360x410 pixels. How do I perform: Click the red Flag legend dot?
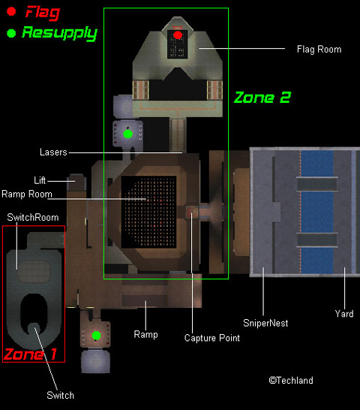[x=11, y=11]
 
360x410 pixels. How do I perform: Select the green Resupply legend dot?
[x=11, y=33]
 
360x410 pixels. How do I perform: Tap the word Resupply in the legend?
[x=59, y=34]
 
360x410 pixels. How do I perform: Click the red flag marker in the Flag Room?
[x=178, y=35]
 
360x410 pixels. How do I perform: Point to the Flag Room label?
[x=319, y=49]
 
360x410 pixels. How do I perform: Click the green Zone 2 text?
[x=262, y=98]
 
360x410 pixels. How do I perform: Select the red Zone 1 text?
[x=30, y=354]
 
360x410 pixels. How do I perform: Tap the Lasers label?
[x=53, y=152]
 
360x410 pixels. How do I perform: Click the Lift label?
[x=40, y=180]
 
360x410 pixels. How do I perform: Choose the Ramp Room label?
[x=27, y=194]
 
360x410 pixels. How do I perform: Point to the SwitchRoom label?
[x=33, y=217]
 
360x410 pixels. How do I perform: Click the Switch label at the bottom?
[x=60, y=395]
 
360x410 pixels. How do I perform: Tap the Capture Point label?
[x=211, y=338]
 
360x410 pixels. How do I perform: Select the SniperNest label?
[x=265, y=323]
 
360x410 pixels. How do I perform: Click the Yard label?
[x=344, y=314]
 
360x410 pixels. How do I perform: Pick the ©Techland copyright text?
[x=291, y=380]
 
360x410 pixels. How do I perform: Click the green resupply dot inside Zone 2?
[x=127, y=134]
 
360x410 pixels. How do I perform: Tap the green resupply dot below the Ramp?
[x=96, y=336]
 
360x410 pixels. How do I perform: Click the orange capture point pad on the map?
[x=192, y=212]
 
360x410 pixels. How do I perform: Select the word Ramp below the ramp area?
[x=145, y=334]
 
